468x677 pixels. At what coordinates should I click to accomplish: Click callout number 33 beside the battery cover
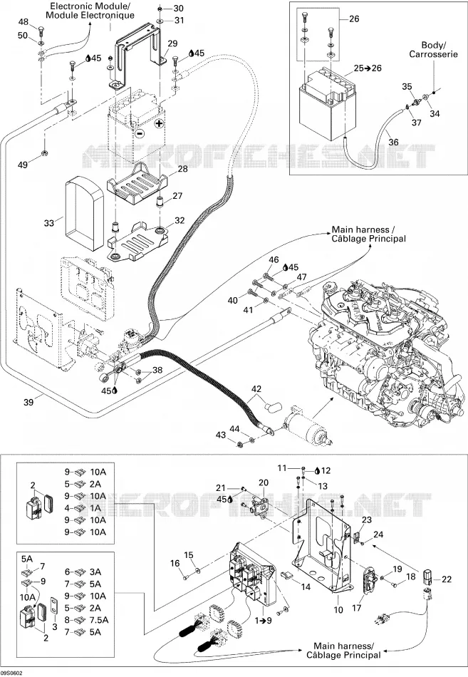pyautogui.click(x=48, y=223)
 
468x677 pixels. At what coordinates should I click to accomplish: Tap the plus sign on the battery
pyautogui.click(x=160, y=124)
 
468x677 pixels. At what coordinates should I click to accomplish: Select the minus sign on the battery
pyautogui.click(x=140, y=134)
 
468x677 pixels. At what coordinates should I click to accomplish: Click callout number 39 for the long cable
pyautogui.click(x=28, y=402)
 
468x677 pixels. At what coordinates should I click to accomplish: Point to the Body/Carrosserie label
pyautogui.click(x=434, y=50)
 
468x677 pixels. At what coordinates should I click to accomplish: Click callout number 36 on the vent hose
pyautogui.click(x=393, y=142)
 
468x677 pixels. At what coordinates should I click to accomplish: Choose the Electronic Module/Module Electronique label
pyautogui.click(x=90, y=11)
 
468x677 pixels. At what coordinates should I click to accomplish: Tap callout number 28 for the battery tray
pyautogui.click(x=183, y=168)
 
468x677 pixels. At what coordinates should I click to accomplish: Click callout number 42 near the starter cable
pyautogui.click(x=256, y=389)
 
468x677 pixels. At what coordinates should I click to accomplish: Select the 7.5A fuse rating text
pyautogui.click(x=98, y=620)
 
